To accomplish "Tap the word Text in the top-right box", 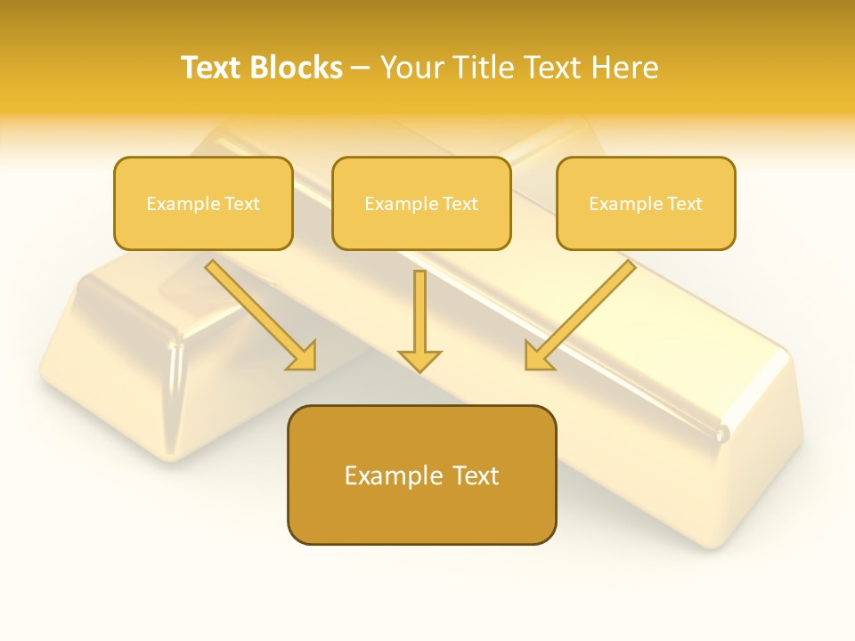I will tap(685, 204).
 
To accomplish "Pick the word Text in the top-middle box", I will tap(460, 204).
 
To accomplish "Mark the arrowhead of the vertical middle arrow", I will tap(419, 361).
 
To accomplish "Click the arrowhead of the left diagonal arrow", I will tap(303, 357).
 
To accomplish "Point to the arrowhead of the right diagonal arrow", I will tap(537, 357).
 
